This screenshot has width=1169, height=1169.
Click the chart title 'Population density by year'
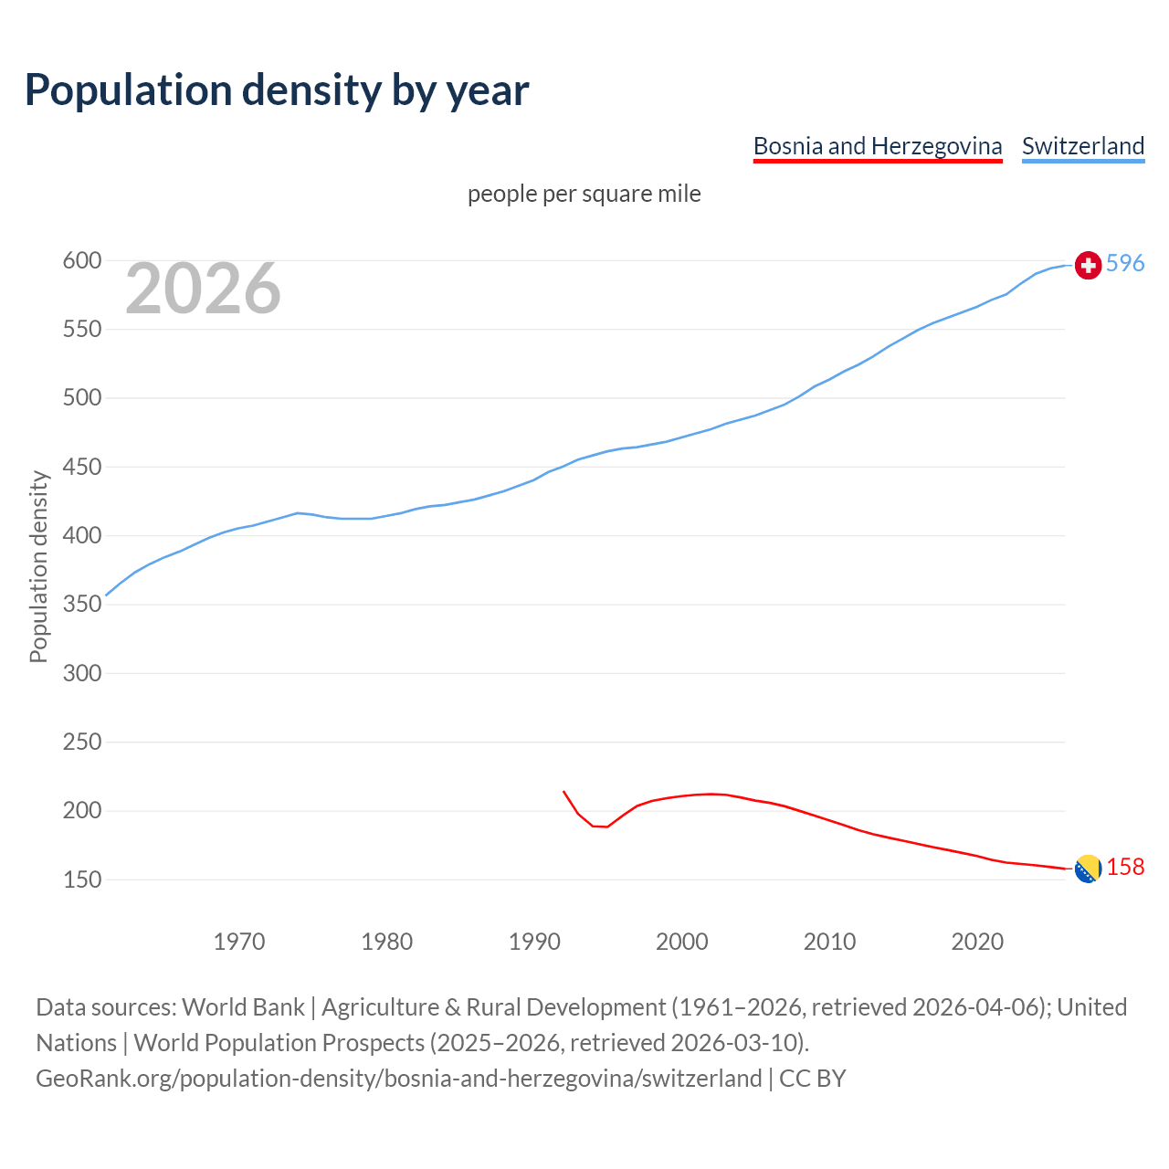pyautogui.click(x=277, y=90)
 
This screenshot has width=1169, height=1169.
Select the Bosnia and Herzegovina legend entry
pyautogui.click(x=877, y=146)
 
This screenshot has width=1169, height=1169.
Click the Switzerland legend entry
pyautogui.click(x=1082, y=146)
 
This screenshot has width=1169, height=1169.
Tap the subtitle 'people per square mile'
pyautogui.click(x=584, y=194)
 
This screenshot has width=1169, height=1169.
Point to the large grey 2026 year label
pyautogui.click(x=203, y=290)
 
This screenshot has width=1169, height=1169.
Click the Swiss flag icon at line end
pyautogui.click(x=1088, y=265)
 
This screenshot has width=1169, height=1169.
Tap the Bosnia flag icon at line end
pyautogui.click(x=1088, y=869)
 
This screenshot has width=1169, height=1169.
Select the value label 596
pyautogui.click(x=1125, y=264)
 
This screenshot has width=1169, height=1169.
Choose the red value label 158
pyautogui.click(x=1125, y=868)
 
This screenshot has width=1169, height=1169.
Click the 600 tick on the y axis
pyautogui.click(x=81, y=261)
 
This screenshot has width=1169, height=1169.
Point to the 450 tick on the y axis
pyautogui.click(x=81, y=468)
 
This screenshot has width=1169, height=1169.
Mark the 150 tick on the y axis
pyautogui.click(x=81, y=880)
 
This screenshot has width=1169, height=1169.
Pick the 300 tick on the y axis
pyautogui.click(x=81, y=674)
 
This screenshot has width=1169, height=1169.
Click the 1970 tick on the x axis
pyautogui.click(x=239, y=942)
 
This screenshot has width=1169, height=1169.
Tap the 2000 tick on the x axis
pyautogui.click(x=682, y=942)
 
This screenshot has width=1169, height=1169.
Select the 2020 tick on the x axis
pyautogui.click(x=977, y=942)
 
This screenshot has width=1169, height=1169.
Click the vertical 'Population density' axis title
pyautogui.click(x=38, y=566)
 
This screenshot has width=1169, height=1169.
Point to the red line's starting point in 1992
pyautogui.click(x=563, y=792)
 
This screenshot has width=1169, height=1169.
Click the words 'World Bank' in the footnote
pyautogui.click(x=243, y=1007)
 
